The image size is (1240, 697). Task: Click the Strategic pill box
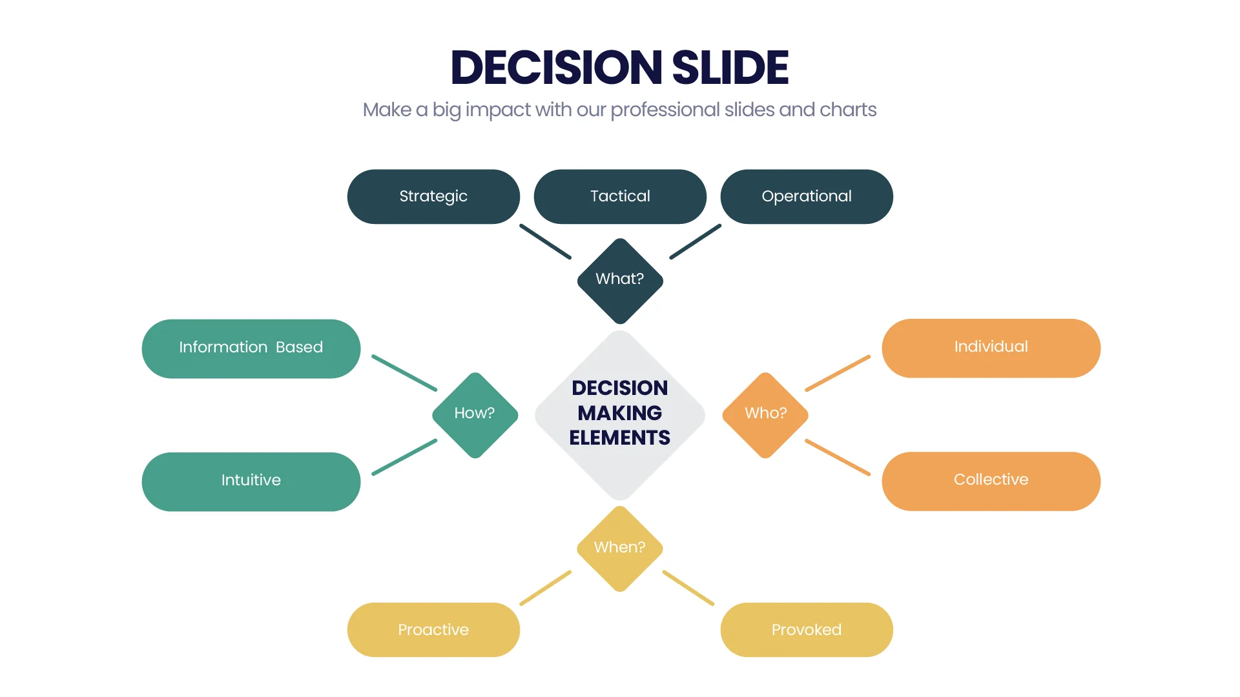coord(433,197)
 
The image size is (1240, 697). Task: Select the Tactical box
coord(620,197)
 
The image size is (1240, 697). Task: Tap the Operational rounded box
coord(807,197)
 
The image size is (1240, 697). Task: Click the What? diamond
coord(620,281)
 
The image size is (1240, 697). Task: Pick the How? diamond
coord(475,415)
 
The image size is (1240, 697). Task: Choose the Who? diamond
coord(765,415)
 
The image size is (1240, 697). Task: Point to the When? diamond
coord(620,549)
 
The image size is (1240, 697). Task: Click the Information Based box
coord(251,348)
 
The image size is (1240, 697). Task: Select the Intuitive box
coord(251,481)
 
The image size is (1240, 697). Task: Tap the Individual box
coord(991,348)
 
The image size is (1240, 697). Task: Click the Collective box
coord(991,481)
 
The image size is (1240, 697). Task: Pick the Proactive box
coord(433,630)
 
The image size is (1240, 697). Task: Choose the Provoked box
coord(807,630)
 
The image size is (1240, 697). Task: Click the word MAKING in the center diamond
coord(620,413)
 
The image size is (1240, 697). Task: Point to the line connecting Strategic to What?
coord(546,241)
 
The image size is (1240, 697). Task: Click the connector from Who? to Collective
coord(838,458)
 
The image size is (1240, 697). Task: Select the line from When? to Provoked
coord(688,588)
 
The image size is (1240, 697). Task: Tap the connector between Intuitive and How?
coord(404,457)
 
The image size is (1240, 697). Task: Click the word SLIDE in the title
coord(730,67)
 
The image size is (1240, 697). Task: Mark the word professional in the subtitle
coord(665,110)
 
